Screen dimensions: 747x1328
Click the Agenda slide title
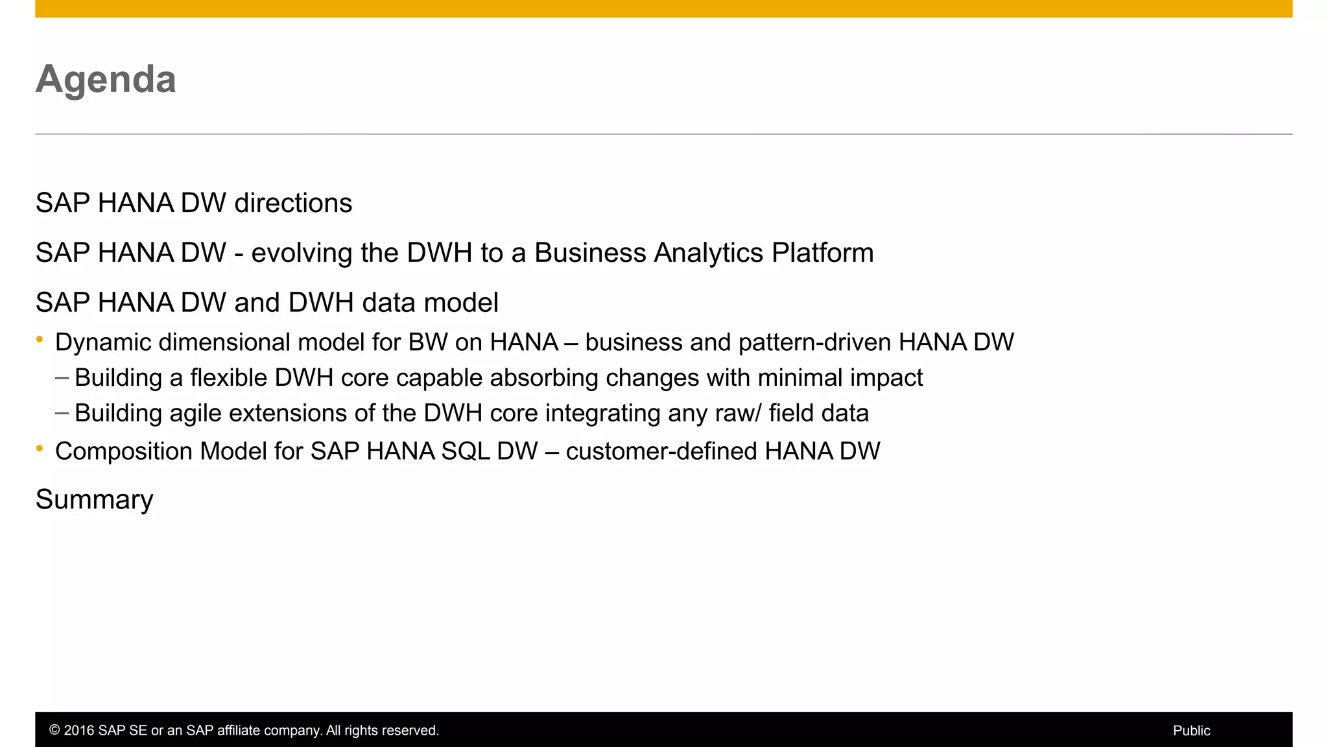click(106, 79)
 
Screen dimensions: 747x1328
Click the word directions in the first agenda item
click(293, 203)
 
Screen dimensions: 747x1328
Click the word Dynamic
click(103, 342)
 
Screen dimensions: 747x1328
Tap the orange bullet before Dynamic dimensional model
click(40, 339)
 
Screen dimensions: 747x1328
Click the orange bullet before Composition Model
click(40, 448)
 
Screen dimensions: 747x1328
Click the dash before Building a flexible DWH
click(62, 377)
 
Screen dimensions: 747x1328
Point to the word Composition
click(124, 451)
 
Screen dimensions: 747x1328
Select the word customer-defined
click(661, 451)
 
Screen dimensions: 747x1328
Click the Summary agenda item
click(95, 500)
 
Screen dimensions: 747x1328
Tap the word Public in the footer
click(1191, 731)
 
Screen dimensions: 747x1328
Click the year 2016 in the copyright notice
click(78, 731)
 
